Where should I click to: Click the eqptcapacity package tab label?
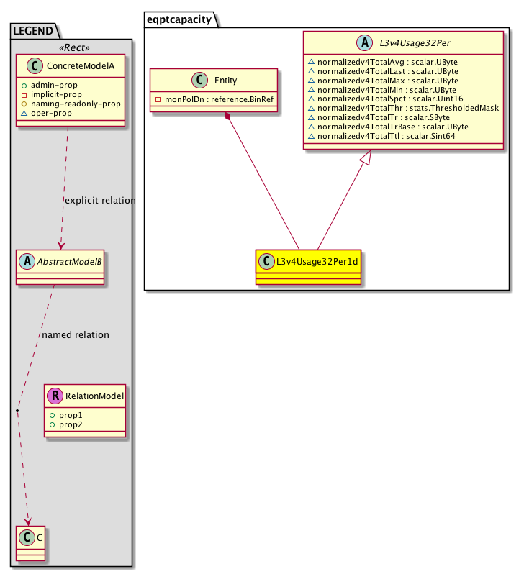180,19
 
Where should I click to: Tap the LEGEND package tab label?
35,30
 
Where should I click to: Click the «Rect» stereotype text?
76,47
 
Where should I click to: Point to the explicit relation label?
100,201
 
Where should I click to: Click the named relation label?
76,335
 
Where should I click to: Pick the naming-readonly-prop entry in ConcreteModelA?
76,104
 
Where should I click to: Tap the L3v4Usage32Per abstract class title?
410,44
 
